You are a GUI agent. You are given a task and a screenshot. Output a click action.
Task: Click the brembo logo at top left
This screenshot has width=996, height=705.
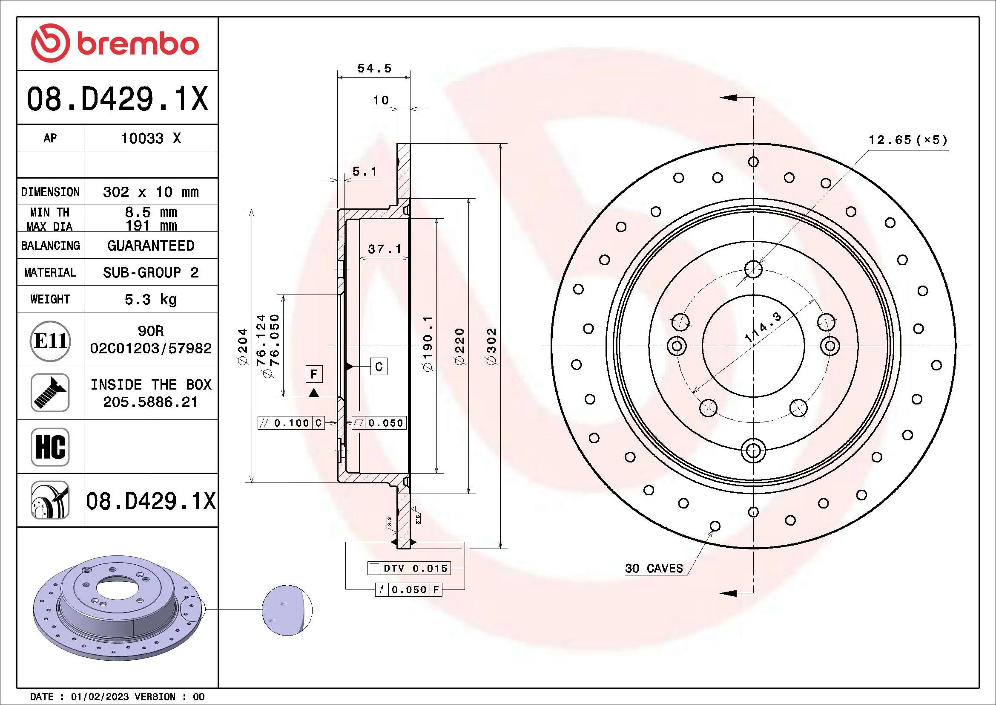pyautogui.click(x=115, y=43)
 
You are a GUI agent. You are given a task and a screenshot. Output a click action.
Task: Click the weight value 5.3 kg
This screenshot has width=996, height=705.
pyautogui.click(x=150, y=299)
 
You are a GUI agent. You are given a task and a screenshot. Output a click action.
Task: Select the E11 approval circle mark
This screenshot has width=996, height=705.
pyautogui.click(x=50, y=341)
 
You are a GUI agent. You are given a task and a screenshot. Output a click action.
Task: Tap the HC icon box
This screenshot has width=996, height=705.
pyautogui.click(x=50, y=447)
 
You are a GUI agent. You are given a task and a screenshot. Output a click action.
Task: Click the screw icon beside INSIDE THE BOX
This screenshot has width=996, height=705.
pyautogui.click(x=50, y=393)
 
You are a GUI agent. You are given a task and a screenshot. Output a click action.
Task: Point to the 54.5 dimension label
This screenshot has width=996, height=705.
pyautogui.click(x=374, y=69)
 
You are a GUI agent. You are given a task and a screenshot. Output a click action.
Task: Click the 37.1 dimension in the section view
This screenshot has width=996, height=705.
pyautogui.click(x=385, y=249)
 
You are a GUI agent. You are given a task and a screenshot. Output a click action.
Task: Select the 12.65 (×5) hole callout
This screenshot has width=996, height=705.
pyautogui.click(x=907, y=140)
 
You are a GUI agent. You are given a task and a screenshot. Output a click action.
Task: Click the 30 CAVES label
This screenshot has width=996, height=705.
pyautogui.click(x=654, y=568)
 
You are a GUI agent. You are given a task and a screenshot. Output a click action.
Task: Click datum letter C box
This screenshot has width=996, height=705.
pyautogui.click(x=379, y=367)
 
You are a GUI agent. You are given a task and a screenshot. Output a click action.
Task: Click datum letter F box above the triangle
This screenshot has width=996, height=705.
pyautogui.click(x=314, y=374)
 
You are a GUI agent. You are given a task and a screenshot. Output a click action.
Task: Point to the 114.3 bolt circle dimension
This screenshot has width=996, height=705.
pyautogui.click(x=763, y=326)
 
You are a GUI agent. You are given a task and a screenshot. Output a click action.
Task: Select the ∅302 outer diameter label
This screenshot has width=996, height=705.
pyautogui.click(x=491, y=346)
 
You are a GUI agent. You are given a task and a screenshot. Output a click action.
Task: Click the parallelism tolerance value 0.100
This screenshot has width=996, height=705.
pyautogui.click(x=292, y=423)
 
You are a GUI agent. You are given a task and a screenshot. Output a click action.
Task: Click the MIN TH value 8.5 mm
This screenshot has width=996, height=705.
pyautogui.click(x=150, y=212)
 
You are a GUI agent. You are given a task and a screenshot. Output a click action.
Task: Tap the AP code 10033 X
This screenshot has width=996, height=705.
pyautogui.click(x=150, y=139)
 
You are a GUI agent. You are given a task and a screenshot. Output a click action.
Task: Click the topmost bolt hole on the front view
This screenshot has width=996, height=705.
pyautogui.click(x=754, y=269)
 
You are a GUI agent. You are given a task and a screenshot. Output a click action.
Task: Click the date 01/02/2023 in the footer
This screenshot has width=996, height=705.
pyautogui.click(x=99, y=696)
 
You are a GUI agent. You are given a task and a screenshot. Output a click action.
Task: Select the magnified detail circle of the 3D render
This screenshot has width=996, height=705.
pyautogui.click(x=287, y=610)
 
